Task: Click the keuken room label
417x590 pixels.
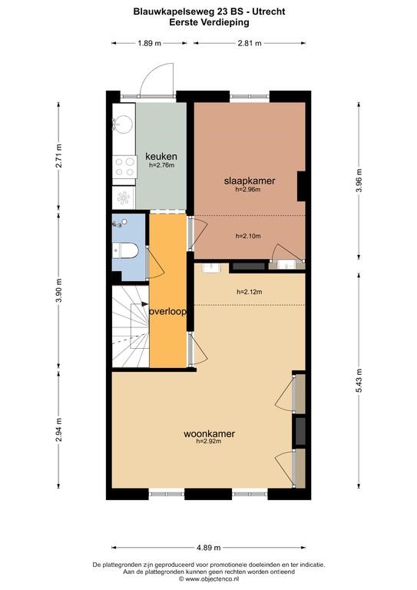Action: [161, 156]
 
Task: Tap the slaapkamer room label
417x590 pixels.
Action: [250, 181]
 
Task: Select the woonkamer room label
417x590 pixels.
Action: [209, 433]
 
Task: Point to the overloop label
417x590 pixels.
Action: [168, 312]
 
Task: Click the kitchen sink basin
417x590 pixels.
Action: [124, 124]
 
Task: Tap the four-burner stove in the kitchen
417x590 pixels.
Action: [125, 167]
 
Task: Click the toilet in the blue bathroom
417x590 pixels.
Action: [125, 250]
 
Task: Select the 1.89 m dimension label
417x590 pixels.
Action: [149, 43]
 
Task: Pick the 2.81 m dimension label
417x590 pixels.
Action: [250, 43]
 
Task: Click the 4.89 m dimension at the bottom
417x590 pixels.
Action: [209, 548]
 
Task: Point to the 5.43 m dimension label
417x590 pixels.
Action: [359, 380]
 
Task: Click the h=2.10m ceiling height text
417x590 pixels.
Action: [248, 236]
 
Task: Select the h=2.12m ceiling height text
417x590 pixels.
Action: [250, 292]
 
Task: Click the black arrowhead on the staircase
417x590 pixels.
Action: [145, 304]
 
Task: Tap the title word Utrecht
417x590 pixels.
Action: [269, 12]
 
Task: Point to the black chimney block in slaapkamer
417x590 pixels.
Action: [301, 186]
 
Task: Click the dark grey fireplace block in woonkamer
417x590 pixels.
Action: [300, 431]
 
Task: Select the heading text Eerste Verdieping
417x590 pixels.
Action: [209, 22]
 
